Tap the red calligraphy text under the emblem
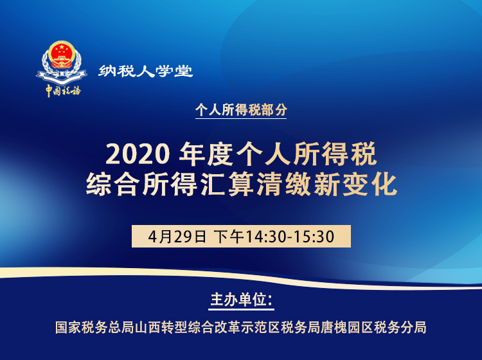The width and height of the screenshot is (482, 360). [x=63, y=91]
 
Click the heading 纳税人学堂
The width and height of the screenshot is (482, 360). [x=146, y=71]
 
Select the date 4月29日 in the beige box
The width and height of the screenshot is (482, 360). [x=177, y=236]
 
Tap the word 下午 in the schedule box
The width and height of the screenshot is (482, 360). [x=228, y=236]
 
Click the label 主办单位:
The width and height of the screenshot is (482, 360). [x=242, y=300]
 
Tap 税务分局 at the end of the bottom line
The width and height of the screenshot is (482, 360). [x=401, y=327]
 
